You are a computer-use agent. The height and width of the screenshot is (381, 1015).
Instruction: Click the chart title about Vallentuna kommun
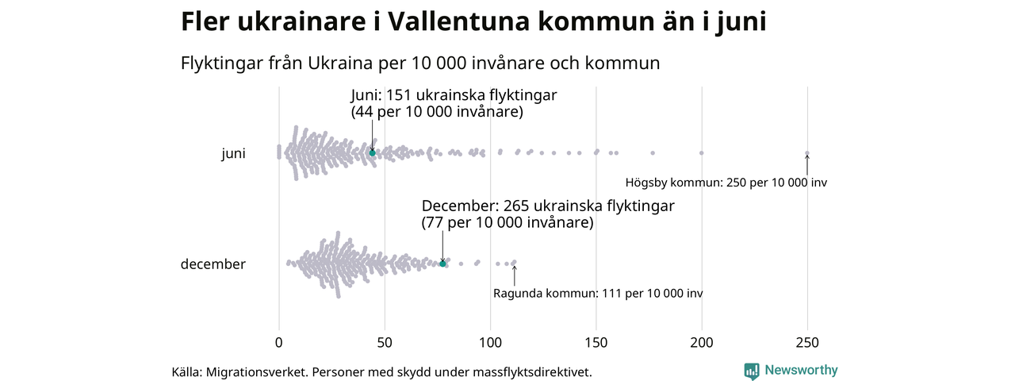(x=473, y=21)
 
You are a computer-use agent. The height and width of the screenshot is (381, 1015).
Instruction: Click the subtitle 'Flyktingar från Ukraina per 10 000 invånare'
(x=420, y=63)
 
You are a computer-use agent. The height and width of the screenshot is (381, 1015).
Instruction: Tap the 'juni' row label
(x=233, y=154)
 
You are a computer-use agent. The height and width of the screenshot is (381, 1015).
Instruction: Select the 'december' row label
(x=213, y=264)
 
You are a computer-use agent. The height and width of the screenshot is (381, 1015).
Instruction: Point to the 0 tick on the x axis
(x=278, y=343)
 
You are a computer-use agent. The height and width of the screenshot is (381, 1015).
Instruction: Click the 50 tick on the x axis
(x=385, y=343)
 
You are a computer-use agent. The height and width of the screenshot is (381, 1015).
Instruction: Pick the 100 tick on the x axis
(x=490, y=343)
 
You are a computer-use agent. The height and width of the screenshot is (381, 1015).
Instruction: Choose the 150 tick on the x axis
(x=596, y=343)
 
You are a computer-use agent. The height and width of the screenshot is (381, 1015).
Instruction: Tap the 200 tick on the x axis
(x=702, y=343)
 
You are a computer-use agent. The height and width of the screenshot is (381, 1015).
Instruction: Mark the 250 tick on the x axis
(x=807, y=343)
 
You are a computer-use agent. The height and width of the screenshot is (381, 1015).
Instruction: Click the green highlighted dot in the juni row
(x=372, y=152)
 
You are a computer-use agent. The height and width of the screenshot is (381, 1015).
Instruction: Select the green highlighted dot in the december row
(x=442, y=264)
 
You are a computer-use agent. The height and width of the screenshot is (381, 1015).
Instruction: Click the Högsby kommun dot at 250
(x=807, y=153)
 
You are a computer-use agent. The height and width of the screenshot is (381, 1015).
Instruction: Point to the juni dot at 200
(x=702, y=152)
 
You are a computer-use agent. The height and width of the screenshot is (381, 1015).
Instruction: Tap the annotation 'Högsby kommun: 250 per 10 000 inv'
(x=726, y=183)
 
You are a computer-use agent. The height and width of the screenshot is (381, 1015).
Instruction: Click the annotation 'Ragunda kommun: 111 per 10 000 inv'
(x=598, y=294)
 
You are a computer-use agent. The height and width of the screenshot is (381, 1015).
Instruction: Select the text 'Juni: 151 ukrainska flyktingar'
(x=454, y=95)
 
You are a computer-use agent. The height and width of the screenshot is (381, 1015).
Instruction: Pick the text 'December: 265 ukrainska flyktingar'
(x=548, y=206)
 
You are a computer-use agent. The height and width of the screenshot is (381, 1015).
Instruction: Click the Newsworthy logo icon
(x=752, y=371)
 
